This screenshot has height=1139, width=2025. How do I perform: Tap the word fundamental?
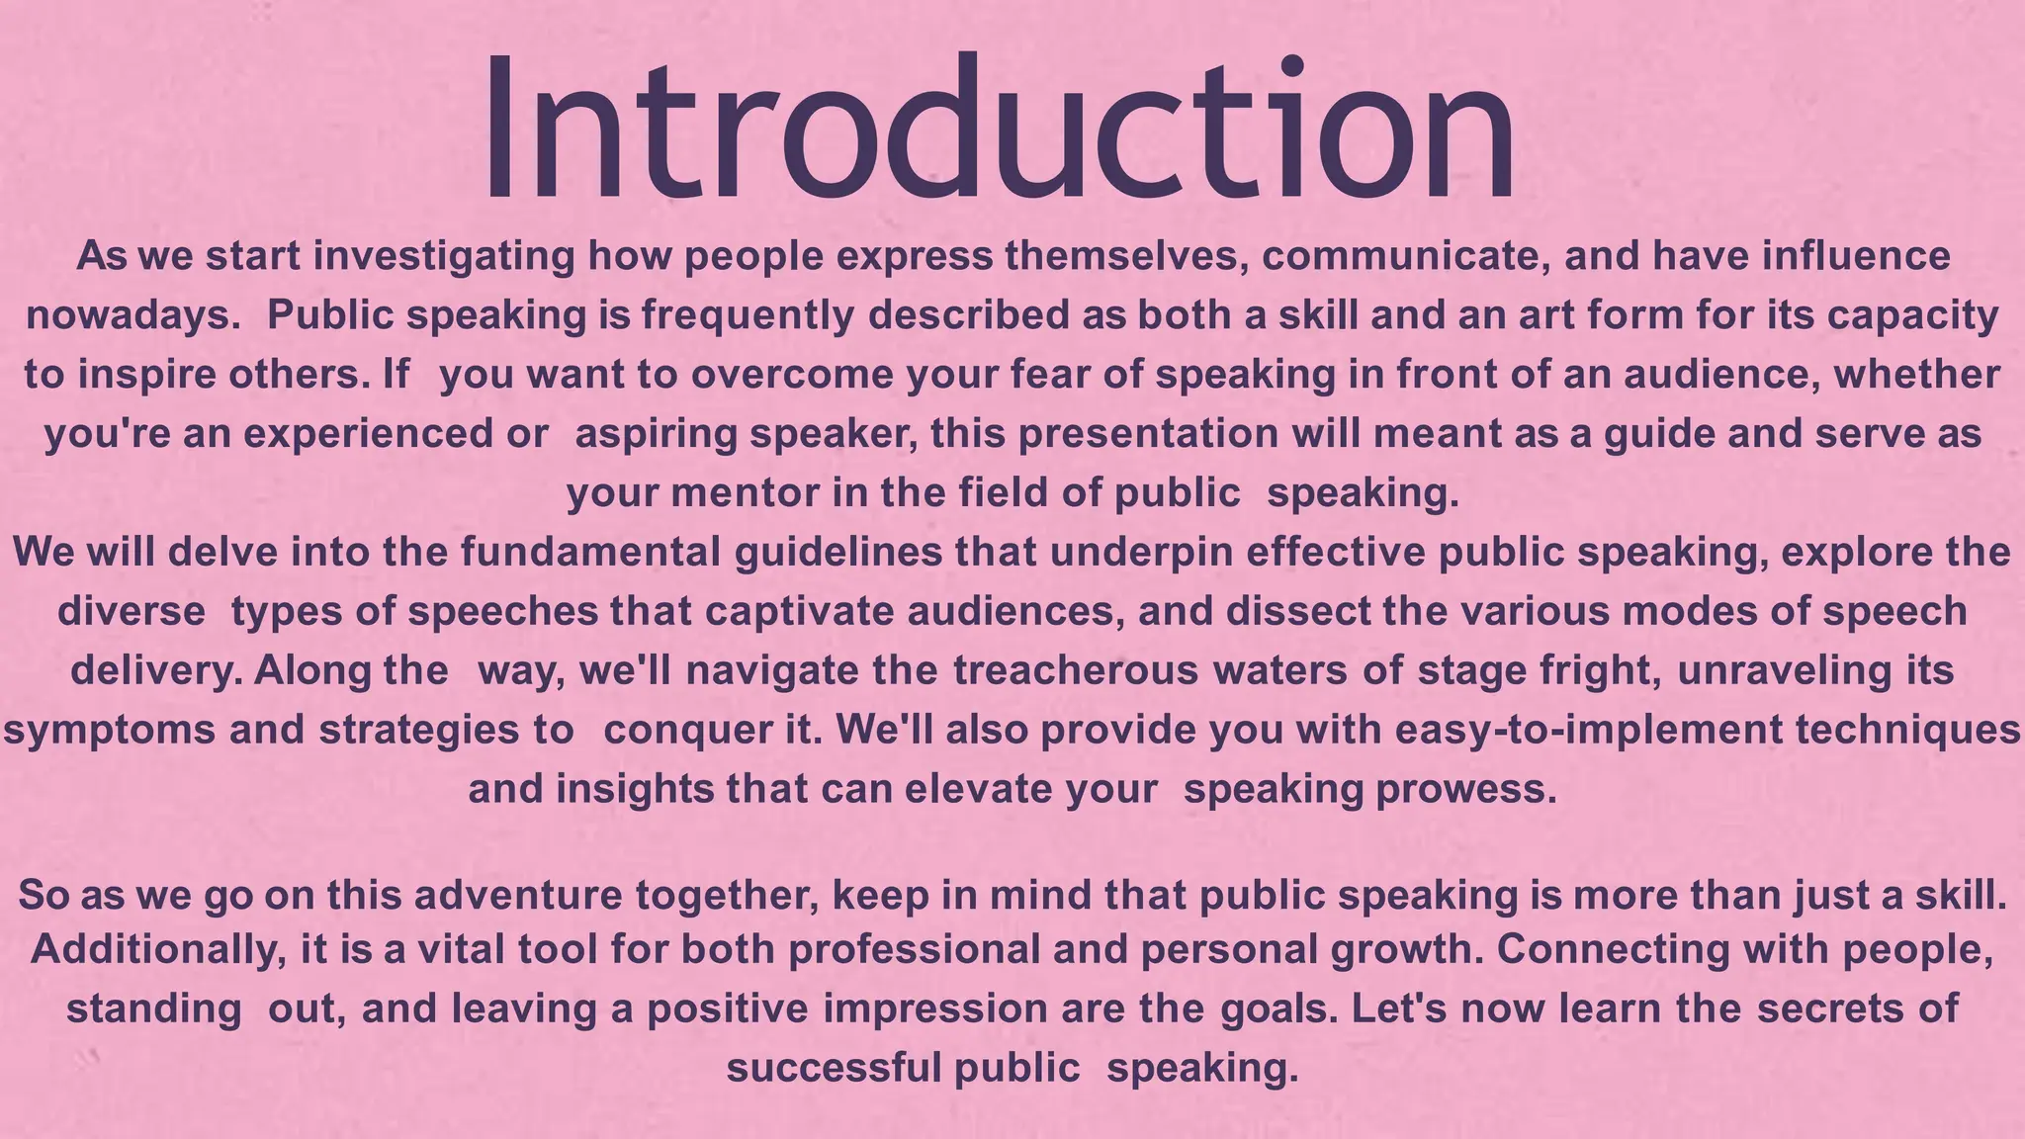click(590, 552)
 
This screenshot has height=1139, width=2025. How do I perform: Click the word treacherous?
click(1076, 670)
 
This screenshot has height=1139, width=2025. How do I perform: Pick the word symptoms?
click(110, 731)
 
